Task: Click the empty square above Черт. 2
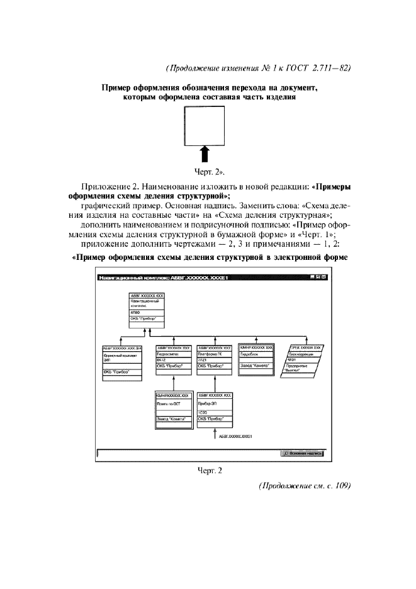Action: [205, 125]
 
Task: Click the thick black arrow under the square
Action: [205, 154]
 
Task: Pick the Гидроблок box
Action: [256, 359]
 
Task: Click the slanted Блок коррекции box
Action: [303, 361]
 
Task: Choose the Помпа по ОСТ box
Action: [172, 411]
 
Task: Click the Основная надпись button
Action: [301, 452]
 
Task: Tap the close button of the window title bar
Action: [323, 277]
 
